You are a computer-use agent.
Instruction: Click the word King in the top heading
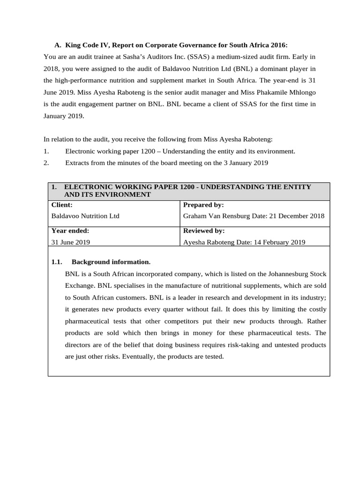tap(74, 45)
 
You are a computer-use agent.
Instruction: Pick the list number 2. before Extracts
tap(46, 163)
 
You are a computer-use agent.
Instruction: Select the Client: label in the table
tap(62, 205)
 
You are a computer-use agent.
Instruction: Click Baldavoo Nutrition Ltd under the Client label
tap(85, 216)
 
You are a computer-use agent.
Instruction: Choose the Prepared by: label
tap(203, 205)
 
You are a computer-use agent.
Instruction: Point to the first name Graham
tap(195, 216)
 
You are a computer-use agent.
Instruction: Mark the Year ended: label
tap(70, 231)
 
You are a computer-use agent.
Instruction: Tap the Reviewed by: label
tap(204, 231)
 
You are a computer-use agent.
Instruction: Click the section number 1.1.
tap(57, 262)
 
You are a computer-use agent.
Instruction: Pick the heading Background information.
tap(111, 262)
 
